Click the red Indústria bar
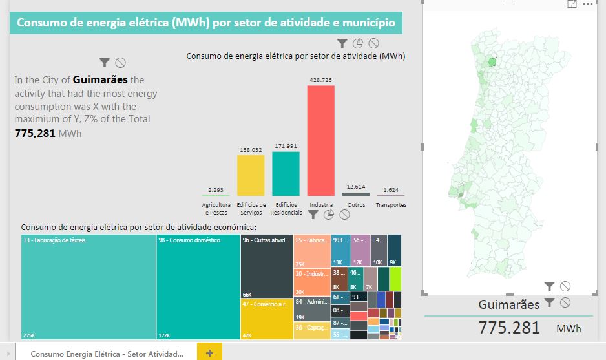pyautogui.click(x=320, y=141)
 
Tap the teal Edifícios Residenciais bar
pyautogui.click(x=286, y=173)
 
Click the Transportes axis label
pyautogui.click(x=391, y=205)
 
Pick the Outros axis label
pyautogui.click(x=356, y=205)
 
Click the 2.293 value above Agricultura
pyautogui.click(x=216, y=190)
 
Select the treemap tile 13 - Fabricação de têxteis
pyautogui.click(x=89, y=287)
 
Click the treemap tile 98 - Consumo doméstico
pyautogui.click(x=198, y=287)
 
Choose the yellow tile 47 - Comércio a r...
pyautogui.click(x=267, y=319)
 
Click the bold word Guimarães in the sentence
pyautogui.click(x=100, y=80)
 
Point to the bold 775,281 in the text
pyautogui.click(x=35, y=134)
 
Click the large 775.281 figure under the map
pyautogui.click(x=509, y=327)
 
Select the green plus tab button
pyautogui.click(x=209, y=353)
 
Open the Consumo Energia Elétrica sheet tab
pyautogui.click(x=107, y=354)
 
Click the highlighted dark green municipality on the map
pyautogui.click(x=493, y=62)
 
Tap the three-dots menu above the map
pyautogui.click(x=587, y=4)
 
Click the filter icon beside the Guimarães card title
pyautogui.click(x=549, y=302)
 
